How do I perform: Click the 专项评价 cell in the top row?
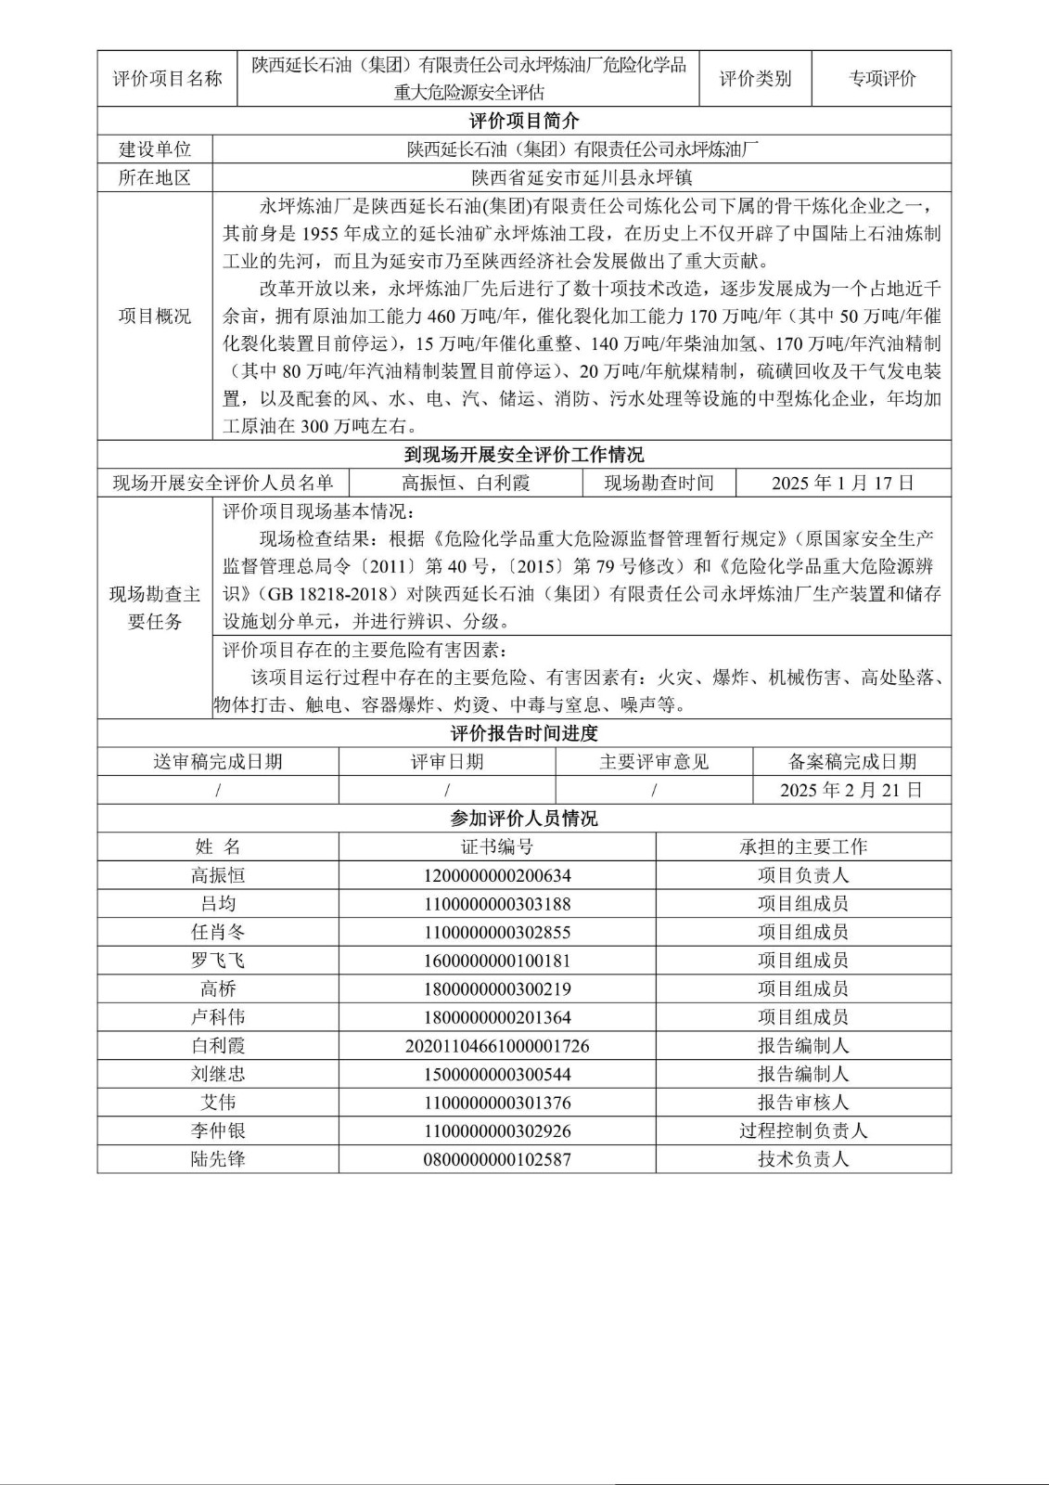tap(881, 79)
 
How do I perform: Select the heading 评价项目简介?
tap(524, 121)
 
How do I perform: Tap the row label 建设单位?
tap(155, 149)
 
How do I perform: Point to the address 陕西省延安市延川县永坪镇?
tap(582, 177)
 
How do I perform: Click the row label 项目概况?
tap(155, 316)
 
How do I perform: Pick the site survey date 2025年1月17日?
tap(843, 483)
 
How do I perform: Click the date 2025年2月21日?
tap(851, 790)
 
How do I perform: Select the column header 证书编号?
tap(497, 846)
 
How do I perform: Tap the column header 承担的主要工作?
tap(803, 846)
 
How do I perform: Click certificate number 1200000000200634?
tap(497, 875)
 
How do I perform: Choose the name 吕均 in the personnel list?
tap(218, 903)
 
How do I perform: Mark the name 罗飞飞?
tap(218, 961)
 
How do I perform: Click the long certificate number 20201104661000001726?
tap(497, 1046)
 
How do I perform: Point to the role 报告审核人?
tap(803, 1103)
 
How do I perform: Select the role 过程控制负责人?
tap(803, 1130)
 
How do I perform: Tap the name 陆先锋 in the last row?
tap(218, 1159)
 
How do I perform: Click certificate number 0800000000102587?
tap(497, 1159)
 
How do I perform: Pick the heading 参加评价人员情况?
tap(524, 819)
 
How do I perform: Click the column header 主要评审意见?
tap(654, 762)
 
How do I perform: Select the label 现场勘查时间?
tap(659, 483)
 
